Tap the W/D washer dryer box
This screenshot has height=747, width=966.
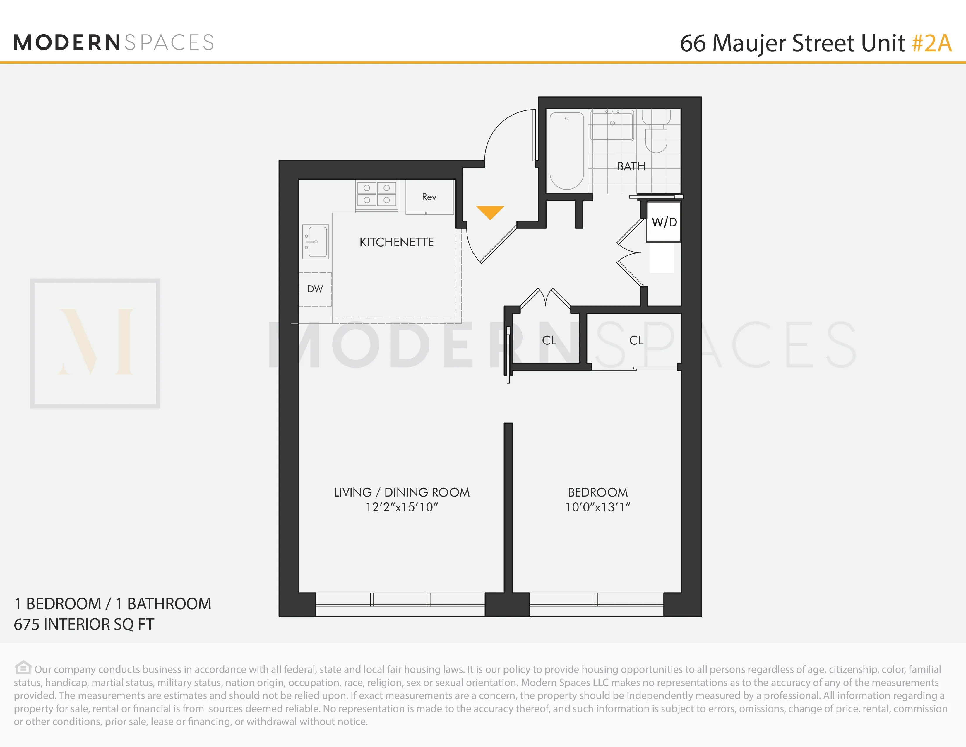coord(663,222)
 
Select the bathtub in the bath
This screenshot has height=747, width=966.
coord(567,151)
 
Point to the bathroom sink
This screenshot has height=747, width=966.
coord(613,125)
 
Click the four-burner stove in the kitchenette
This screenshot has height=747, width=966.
coord(376,194)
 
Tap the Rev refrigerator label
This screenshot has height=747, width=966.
coord(429,197)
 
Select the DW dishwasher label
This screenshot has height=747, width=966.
coord(315,289)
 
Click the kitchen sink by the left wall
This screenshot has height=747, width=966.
coord(316,242)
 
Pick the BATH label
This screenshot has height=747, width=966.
coord(631,166)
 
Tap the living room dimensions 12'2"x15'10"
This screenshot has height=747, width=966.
coord(402,507)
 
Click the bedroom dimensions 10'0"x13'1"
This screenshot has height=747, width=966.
coord(597,507)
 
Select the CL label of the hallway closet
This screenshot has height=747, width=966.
coord(549,340)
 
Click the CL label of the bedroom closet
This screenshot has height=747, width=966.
coord(636,340)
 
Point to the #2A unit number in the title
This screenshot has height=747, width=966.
coord(931,43)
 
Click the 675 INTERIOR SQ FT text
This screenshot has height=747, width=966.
coord(84,625)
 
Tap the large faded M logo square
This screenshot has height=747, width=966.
coord(95,343)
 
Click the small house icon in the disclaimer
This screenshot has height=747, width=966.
coord(23,667)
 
